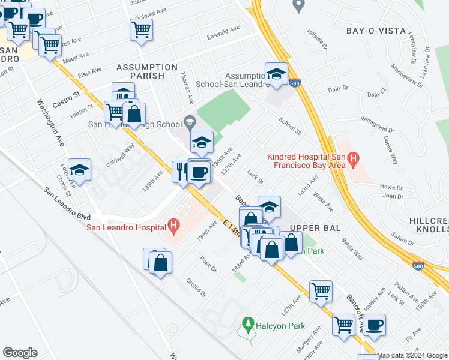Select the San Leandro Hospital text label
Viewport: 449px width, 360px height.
[126, 227]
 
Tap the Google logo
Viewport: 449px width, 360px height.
[20, 353]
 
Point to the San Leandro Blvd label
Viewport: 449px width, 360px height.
[67, 203]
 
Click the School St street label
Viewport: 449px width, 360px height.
[289, 125]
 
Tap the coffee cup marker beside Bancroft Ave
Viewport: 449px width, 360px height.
[374, 325]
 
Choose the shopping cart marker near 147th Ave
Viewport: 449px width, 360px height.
[321, 291]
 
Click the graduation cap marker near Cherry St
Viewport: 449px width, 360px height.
[79, 169]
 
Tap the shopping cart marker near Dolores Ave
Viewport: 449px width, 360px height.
[141, 29]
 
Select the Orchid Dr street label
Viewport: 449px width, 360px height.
[196, 287]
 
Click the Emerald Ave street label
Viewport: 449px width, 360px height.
[223, 32]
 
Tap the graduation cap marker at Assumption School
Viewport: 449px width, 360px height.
[276, 73]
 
